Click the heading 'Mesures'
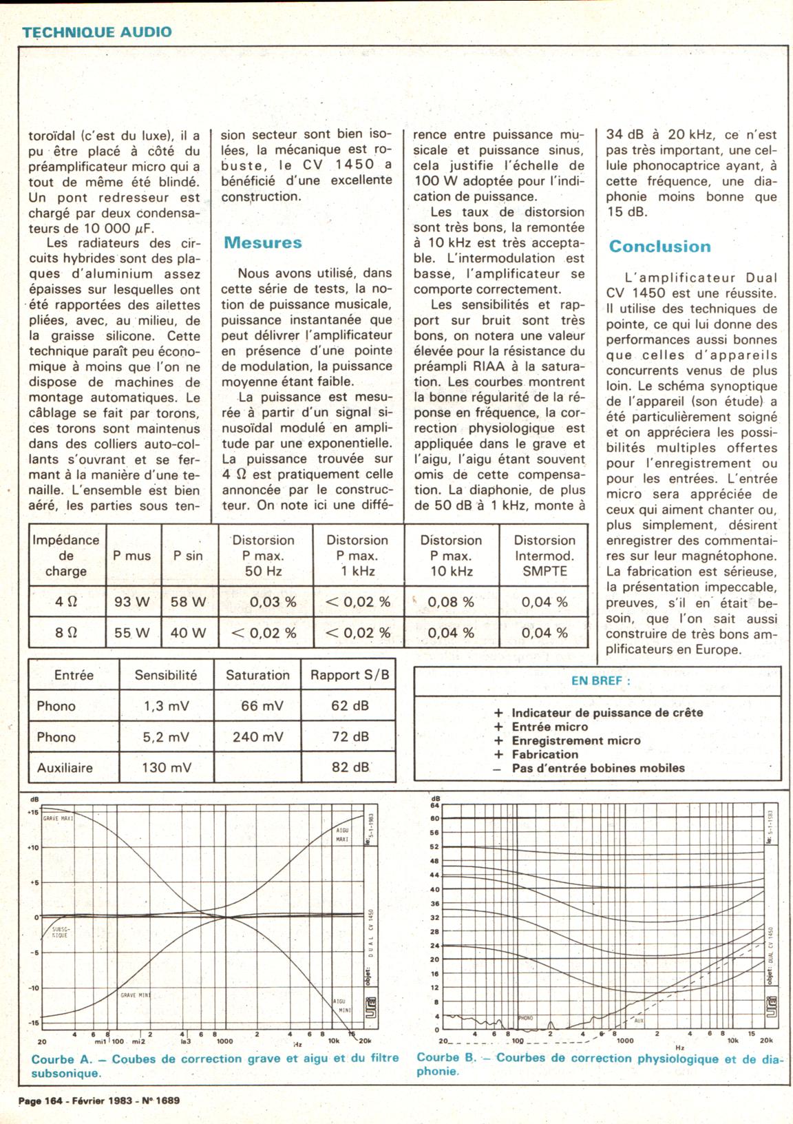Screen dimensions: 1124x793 click(x=263, y=242)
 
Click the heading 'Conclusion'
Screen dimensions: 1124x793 click(x=659, y=247)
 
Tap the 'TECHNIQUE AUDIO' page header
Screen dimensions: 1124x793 click(x=96, y=32)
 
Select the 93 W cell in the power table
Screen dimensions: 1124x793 click(x=132, y=601)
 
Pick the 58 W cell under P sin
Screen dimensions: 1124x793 click(x=189, y=601)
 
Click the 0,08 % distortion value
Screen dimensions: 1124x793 click(x=451, y=601)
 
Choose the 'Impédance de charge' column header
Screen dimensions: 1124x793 click(x=66, y=556)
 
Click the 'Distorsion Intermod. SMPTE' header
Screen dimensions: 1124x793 click(x=544, y=556)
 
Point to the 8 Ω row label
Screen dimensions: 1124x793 click(x=66, y=632)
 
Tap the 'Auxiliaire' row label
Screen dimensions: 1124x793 click(x=65, y=767)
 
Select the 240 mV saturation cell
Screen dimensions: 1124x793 click(x=257, y=736)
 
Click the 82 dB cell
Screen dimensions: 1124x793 click(x=350, y=767)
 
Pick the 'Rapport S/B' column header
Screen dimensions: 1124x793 click(x=350, y=675)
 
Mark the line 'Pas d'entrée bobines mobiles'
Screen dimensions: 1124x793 click(x=598, y=768)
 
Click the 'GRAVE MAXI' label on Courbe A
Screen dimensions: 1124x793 click(x=58, y=818)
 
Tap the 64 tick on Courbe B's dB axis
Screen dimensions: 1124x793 click(x=434, y=804)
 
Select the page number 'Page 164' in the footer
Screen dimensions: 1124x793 click(x=41, y=1101)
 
